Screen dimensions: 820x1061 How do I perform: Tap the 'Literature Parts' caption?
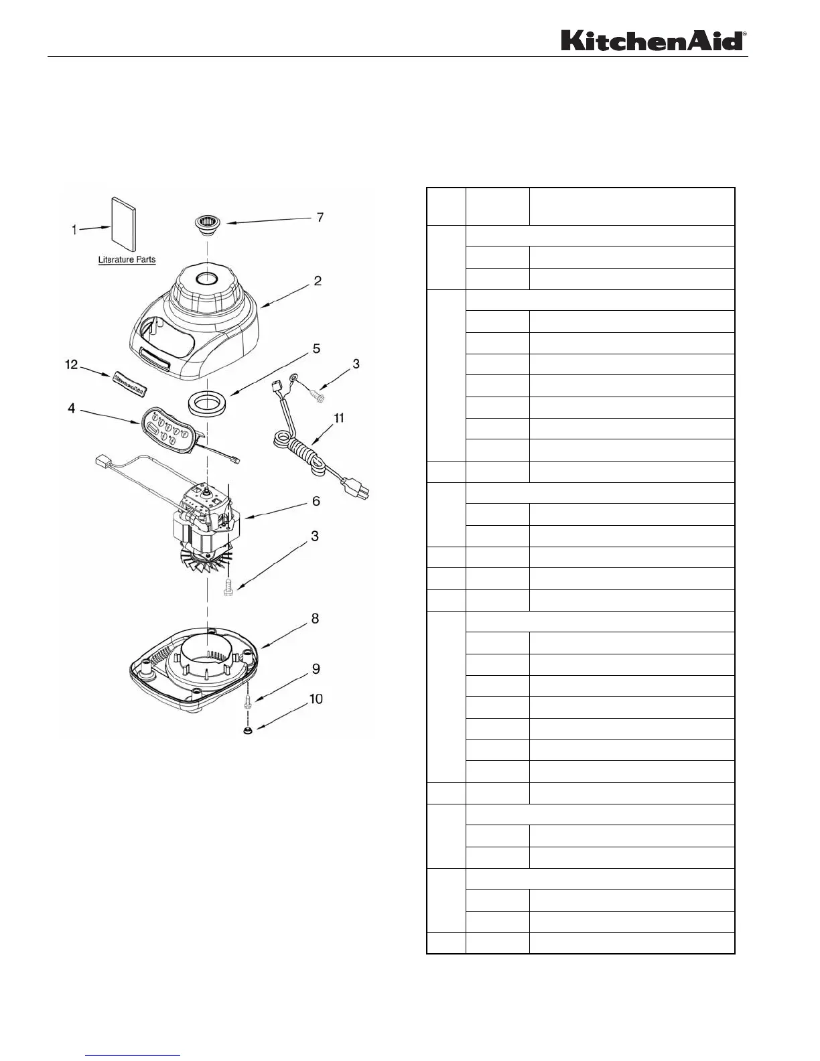pyautogui.click(x=127, y=260)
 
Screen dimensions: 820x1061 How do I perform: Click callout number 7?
pyautogui.click(x=320, y=218)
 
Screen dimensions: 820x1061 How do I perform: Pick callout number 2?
pyautogui.click(x=318, y=281)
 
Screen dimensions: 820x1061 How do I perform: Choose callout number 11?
pyautogui.click(x=339, y=418)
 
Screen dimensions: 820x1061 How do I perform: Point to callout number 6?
pyautogui.click(x=316, y=501)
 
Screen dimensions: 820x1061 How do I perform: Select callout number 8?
pyautogui.click(x=315, y=619)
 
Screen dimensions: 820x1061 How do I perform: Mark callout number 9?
pyautogui.click(x=316, y=669)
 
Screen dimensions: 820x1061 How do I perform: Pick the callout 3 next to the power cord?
pyautogui.click(x=356, y=364)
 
